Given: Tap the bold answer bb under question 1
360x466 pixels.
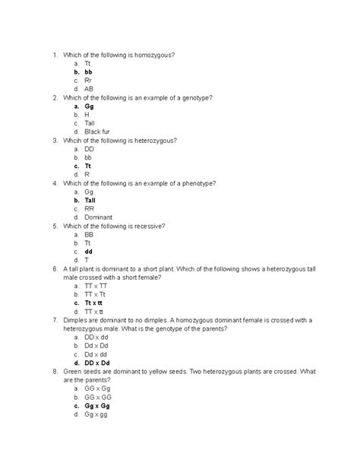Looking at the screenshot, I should [89, 71].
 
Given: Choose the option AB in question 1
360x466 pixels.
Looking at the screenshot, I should [90, 89].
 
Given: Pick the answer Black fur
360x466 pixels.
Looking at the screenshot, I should [97, 132].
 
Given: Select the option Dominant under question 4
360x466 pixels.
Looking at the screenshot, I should [99, 217].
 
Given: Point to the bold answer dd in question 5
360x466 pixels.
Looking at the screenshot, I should [89, 251].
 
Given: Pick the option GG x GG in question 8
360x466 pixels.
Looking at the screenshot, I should [99, 397].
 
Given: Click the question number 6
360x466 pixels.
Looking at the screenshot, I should [55, 269].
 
